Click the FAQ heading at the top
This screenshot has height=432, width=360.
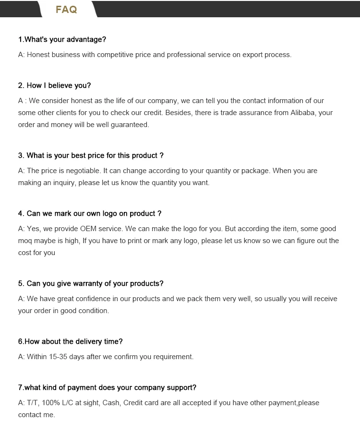66,10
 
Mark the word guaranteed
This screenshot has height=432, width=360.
129,125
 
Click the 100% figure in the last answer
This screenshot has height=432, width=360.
51,403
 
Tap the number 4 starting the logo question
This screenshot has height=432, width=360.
21,213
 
